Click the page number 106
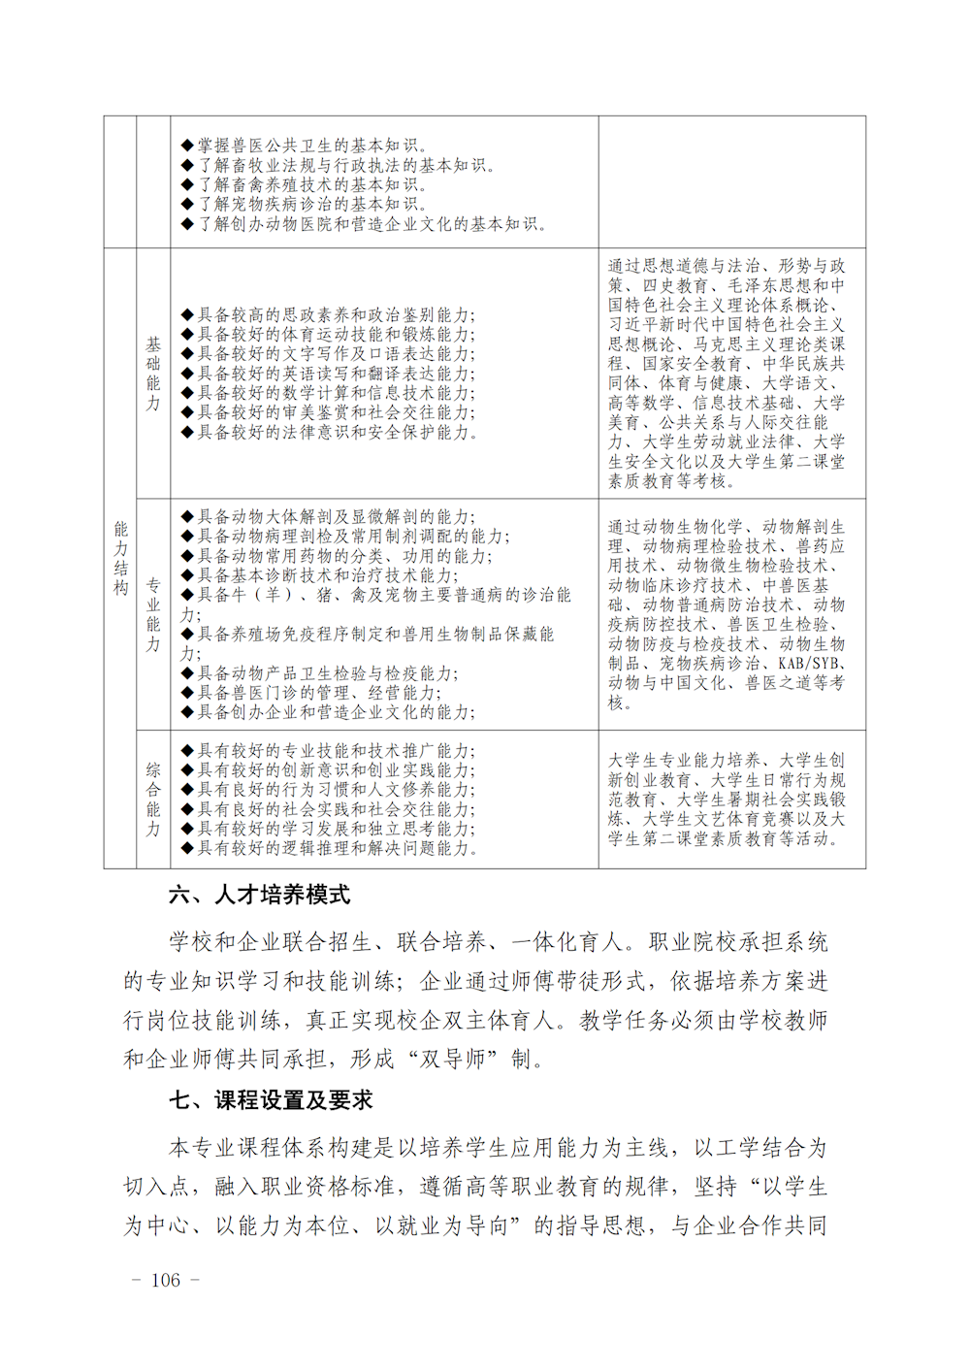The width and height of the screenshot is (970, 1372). (x=165, y=1280)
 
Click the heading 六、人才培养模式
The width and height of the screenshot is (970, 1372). (x=259, y=895)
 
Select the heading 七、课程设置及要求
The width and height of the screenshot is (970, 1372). (x=271, y=1100)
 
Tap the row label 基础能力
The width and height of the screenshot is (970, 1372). (x=153, y=374)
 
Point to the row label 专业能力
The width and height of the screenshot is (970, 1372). (x=153, y=614)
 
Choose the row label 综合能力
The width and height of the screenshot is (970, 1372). (x=153, y=799)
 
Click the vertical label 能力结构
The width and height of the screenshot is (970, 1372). (x=120, y=558)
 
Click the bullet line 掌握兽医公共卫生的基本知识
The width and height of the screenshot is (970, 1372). (x=310, y=146)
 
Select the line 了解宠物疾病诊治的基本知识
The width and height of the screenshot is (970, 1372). (x=310, y=204)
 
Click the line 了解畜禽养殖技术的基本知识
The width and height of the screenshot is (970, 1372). (x=310, y=184)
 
